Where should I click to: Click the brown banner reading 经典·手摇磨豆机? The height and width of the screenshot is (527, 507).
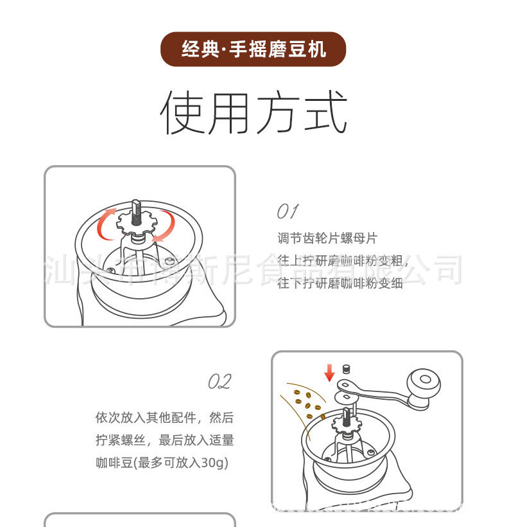click(253, 49)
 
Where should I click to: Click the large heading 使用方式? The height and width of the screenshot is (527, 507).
click(253, 112)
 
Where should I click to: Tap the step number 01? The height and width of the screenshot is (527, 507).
click(287, 211)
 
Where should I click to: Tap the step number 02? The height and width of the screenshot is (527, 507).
click(219, 382)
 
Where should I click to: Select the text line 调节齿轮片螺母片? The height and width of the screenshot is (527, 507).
click(327, 239)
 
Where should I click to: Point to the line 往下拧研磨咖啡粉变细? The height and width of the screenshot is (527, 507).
click(339, 283)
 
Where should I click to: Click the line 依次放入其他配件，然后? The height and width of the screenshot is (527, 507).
click(164, 418)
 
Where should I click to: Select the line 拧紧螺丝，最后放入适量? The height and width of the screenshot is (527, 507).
click(164, 440)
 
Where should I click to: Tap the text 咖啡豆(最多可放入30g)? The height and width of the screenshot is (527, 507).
click(162, 462)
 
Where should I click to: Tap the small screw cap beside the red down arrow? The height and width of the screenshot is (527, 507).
click(346, 369)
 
